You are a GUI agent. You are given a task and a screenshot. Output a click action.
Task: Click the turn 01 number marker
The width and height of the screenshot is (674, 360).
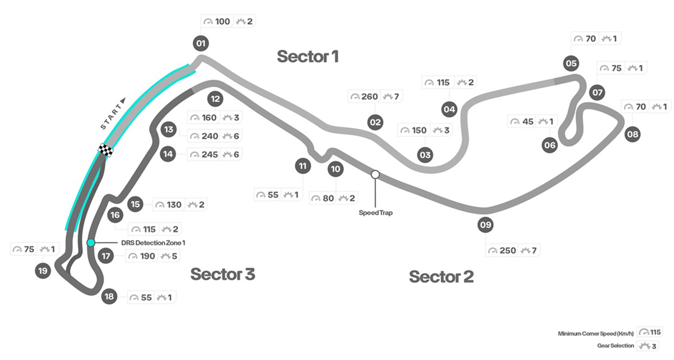click(200, 44)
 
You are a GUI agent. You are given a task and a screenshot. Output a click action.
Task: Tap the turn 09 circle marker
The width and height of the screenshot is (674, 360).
click(485, 225)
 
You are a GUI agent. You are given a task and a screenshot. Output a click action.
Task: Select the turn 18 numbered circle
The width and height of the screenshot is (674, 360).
click(110, 297)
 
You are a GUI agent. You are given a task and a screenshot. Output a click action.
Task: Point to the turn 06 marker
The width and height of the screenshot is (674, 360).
click(550, 145)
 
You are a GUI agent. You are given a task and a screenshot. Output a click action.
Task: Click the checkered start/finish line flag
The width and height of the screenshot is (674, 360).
click(106, 150)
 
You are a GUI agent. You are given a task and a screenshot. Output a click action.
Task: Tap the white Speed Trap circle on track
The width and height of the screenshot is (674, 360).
click(375, 174)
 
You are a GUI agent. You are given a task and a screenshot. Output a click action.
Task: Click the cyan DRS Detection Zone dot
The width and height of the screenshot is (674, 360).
click(91, 243)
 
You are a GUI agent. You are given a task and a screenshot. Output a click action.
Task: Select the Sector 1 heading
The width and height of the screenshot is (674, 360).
click(307, 57)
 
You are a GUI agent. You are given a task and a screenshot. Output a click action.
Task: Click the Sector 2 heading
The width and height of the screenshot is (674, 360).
click(441, 277)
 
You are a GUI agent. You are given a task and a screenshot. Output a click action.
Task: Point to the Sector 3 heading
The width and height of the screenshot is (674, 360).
click(223, 274)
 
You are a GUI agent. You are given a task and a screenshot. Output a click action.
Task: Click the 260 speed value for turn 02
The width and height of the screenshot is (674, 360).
click(369, 97)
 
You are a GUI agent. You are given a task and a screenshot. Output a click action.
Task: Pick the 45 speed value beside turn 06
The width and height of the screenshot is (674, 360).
click(528, 121)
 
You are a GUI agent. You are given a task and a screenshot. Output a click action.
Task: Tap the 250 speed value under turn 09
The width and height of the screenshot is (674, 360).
click(508, 250)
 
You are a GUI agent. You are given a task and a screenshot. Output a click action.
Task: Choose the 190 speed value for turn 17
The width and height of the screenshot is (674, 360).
click(148, 256)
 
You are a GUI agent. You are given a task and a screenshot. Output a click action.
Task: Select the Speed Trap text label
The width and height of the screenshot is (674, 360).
click(376, 213)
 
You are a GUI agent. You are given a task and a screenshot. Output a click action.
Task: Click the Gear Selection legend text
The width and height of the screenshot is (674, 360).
click(615, 345)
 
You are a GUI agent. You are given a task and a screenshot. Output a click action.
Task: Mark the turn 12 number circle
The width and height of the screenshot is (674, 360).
click(215, 99)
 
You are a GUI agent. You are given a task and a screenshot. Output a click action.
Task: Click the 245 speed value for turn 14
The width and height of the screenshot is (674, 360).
click(210, 155)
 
